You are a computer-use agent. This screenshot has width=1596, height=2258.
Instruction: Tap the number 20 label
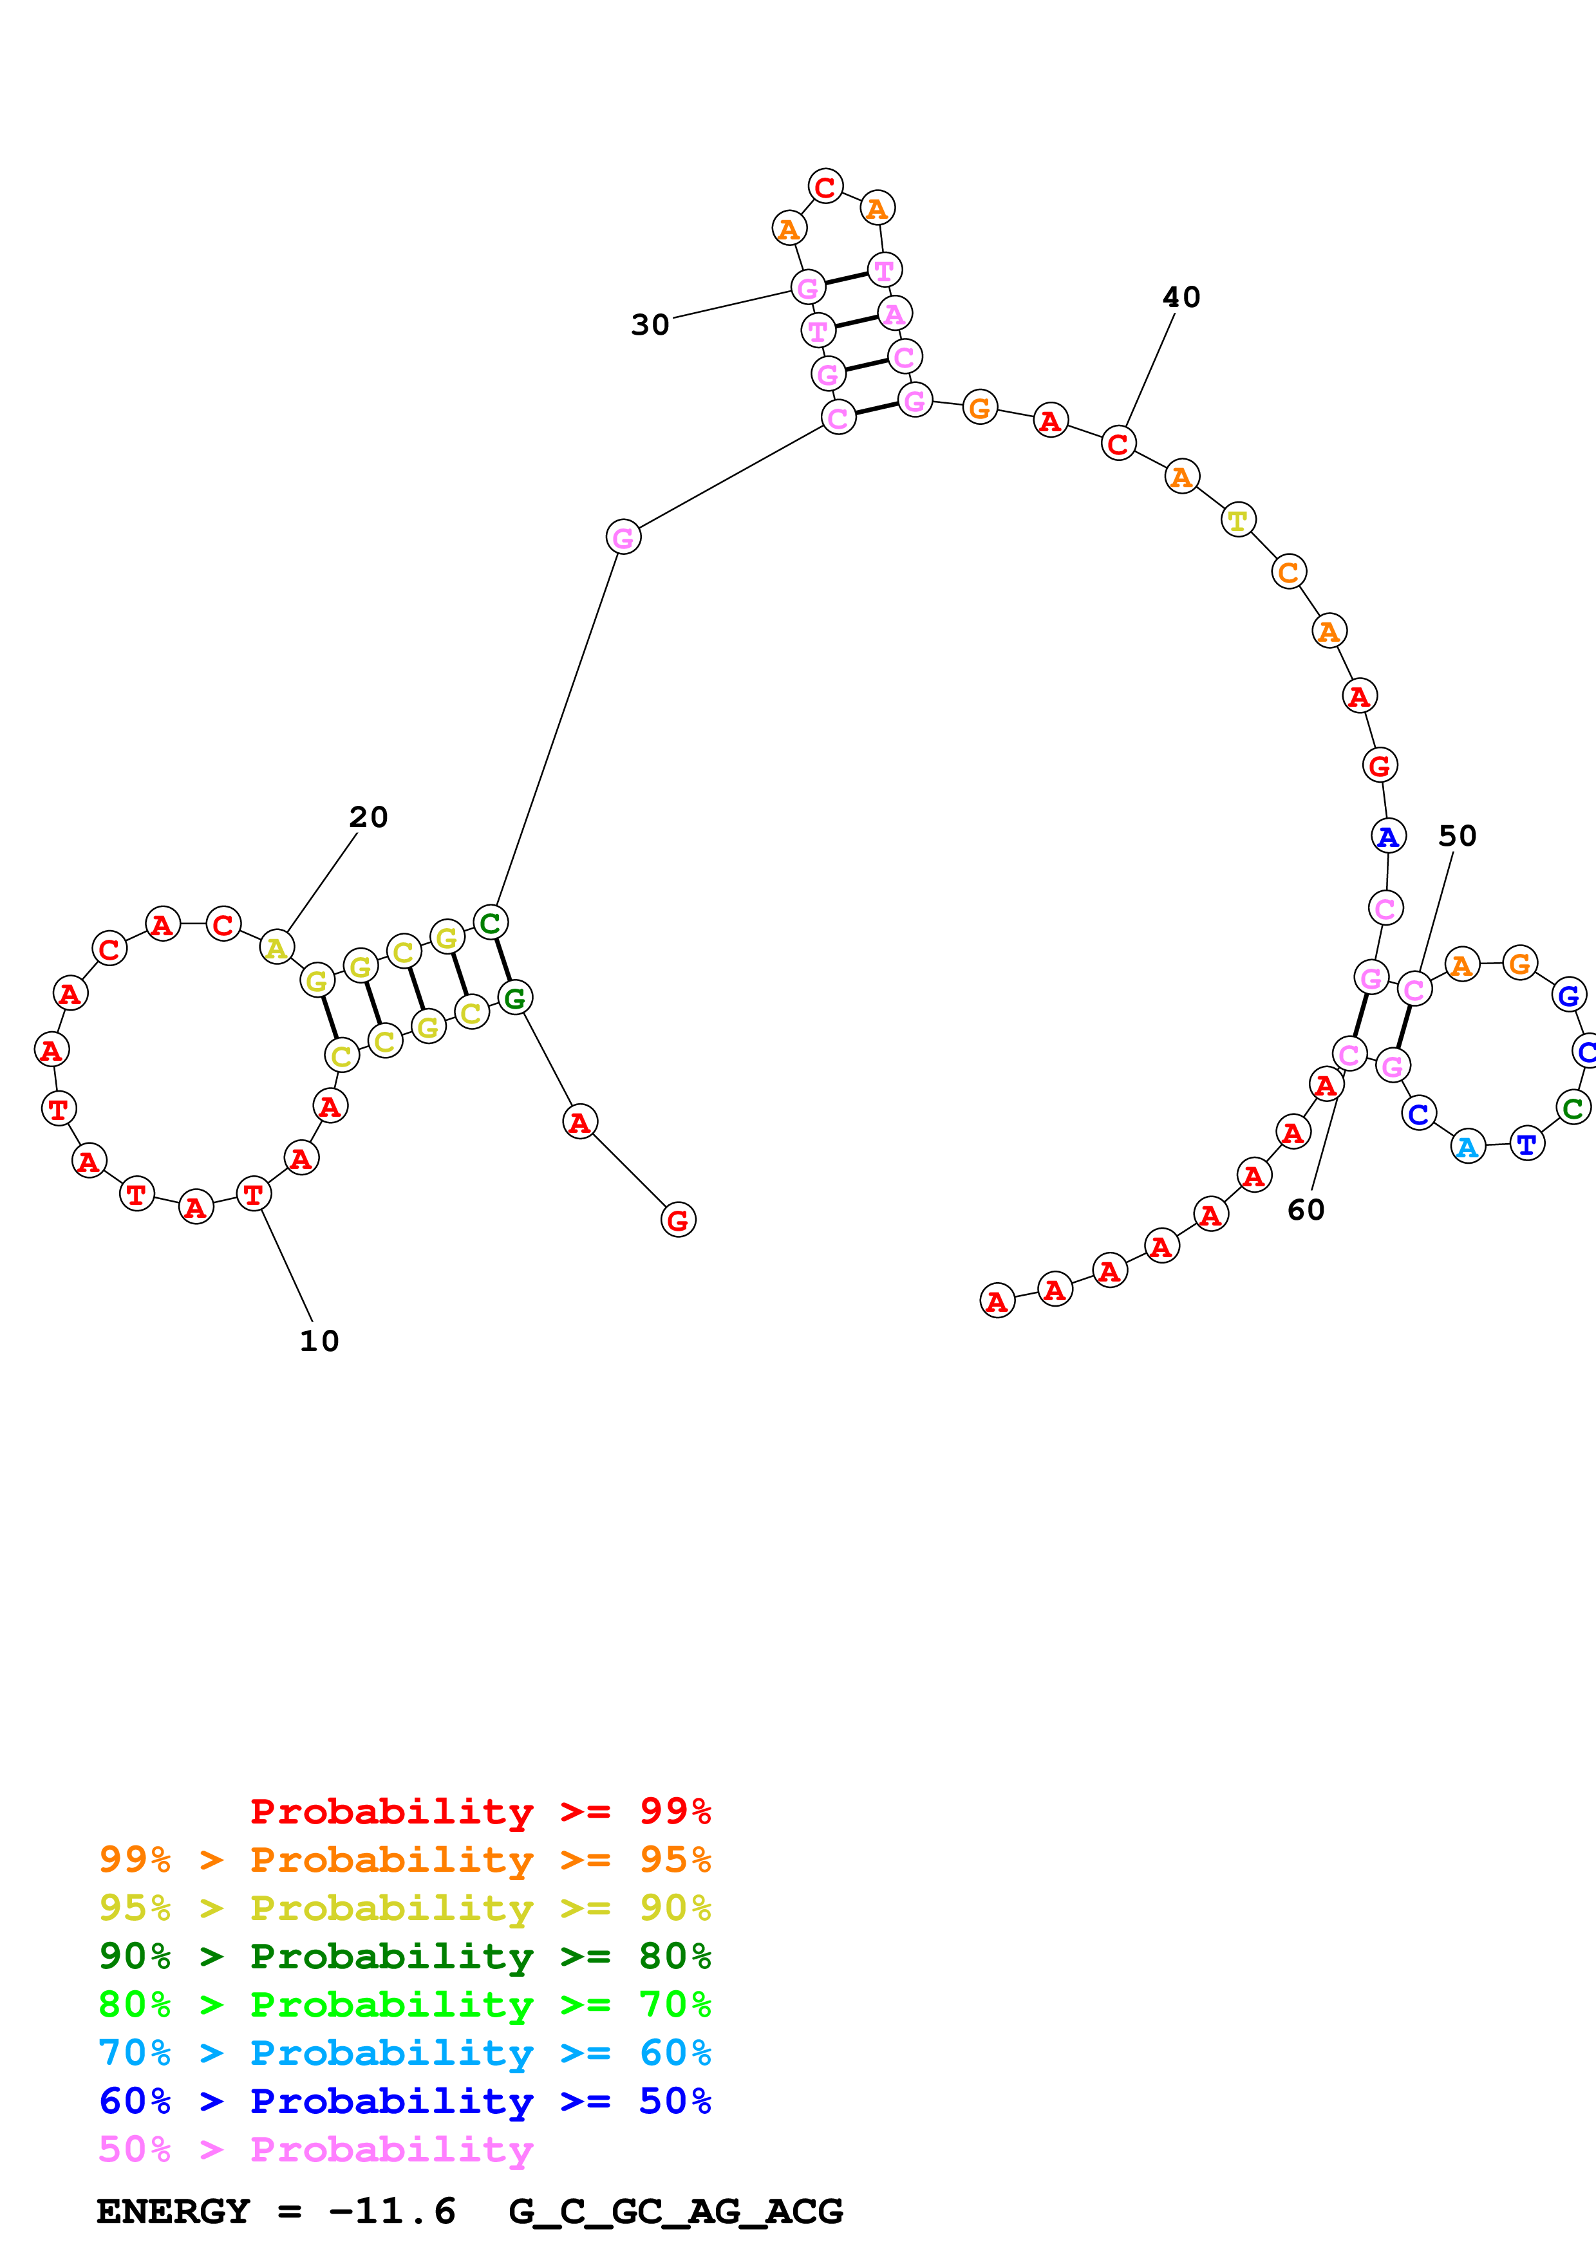pyautogui.click(x=369, y=817)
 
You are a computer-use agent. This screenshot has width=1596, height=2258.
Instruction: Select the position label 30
pyautogui.click(x=650, y=324)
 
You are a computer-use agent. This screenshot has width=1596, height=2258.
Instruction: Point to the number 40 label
pyautogui.click(x=1181, y=297)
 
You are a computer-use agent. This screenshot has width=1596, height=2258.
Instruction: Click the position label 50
pyautogui.click(x=1458, y=836)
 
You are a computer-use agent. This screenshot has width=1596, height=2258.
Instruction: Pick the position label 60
pyautogui.click(x=1306, y=1209)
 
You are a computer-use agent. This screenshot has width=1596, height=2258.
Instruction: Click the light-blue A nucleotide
pyautogui.click(x=1467, y=1147)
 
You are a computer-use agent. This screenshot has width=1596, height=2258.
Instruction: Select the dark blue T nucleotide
pyautogui.click(x=1526, y=1144)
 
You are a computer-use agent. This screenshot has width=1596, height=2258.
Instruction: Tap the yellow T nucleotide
pyautogui.click(x=1238, y=519)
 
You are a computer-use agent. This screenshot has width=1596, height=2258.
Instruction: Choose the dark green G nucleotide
pyautogui.click(x=514, y=998)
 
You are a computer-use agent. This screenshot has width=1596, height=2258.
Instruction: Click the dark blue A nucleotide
pyautogui.click(x=1387, y=836)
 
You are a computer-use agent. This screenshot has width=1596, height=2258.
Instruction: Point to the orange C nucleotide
pyautogui.click(x=1288, y=572)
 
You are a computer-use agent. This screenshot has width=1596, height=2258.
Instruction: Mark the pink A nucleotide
pyautogui.click(x=894, y=313)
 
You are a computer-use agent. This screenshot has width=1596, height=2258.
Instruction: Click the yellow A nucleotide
pyautogui.click(x=276, y=948)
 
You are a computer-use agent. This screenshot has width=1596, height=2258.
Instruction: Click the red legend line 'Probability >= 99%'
pyautogui.click(x=480, y=1811)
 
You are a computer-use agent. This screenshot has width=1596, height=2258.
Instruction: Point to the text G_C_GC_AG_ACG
pyautogui.click(x=675, y=2211)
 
